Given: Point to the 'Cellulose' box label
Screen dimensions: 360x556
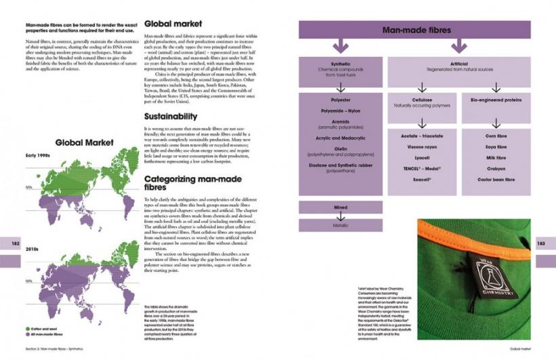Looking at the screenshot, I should (422, 99).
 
